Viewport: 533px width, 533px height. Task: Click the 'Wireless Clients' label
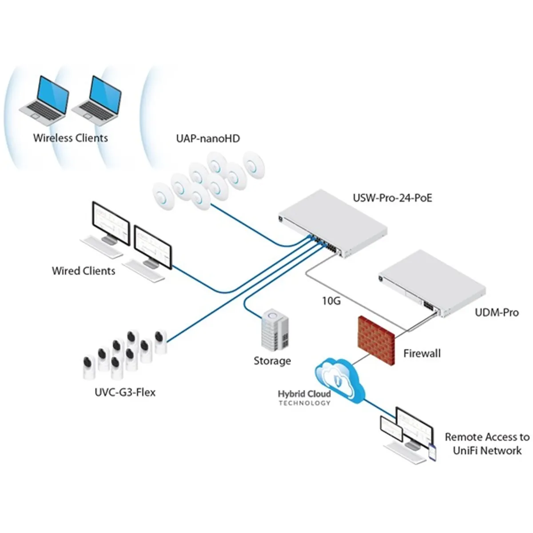coord(70,138)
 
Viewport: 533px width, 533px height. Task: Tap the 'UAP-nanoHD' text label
coord(208,139)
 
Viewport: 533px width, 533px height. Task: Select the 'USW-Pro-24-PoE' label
coord(392,198)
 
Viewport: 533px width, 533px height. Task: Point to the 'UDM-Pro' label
coord(497,312)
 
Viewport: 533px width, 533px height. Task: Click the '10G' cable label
coord(331,301)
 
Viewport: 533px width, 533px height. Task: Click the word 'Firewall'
coord(422,354)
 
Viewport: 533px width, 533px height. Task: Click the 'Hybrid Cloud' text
coord(304,394)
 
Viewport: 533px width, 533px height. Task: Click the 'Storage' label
coord(272,361)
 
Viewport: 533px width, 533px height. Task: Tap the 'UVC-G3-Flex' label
coord(125,392)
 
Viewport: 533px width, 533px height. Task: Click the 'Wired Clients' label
coord(84,270)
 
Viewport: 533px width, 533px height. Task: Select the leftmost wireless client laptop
coord(45,100)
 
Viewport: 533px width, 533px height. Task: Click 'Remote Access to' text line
coord(487,437)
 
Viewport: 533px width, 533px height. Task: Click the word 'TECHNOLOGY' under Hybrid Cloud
coord(304,403)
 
